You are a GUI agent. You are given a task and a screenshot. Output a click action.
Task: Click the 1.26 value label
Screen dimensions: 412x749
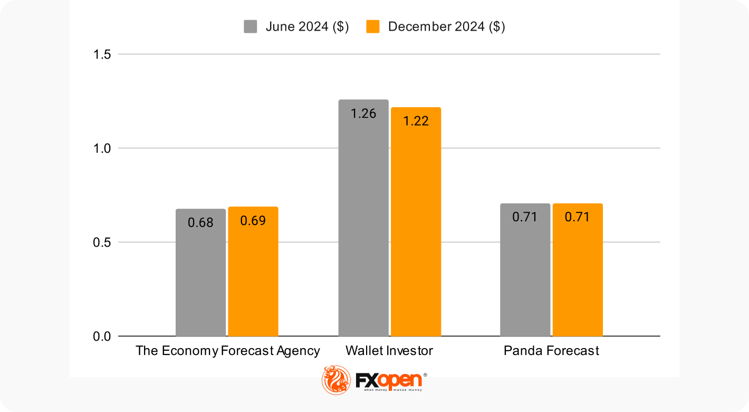[363, 114]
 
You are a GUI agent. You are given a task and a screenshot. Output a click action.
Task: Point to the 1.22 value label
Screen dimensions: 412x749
[416, 121]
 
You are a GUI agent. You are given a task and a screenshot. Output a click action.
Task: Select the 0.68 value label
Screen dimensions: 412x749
[200, 222]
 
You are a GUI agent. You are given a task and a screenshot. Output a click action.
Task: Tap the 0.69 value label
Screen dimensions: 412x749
[253, 220]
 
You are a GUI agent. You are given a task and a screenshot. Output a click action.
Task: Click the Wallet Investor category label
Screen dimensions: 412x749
[389, 351]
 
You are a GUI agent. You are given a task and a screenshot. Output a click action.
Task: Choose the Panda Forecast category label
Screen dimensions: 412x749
[551, 351]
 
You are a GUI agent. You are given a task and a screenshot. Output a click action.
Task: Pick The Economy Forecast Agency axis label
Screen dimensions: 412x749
[228, 351]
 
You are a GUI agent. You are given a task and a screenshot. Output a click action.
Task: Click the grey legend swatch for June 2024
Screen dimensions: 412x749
[250, 27]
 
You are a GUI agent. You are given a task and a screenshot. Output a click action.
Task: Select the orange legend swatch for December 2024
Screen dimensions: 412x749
[373, 27]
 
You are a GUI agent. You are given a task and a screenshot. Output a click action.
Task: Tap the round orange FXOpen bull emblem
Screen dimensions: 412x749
[336, 380]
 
